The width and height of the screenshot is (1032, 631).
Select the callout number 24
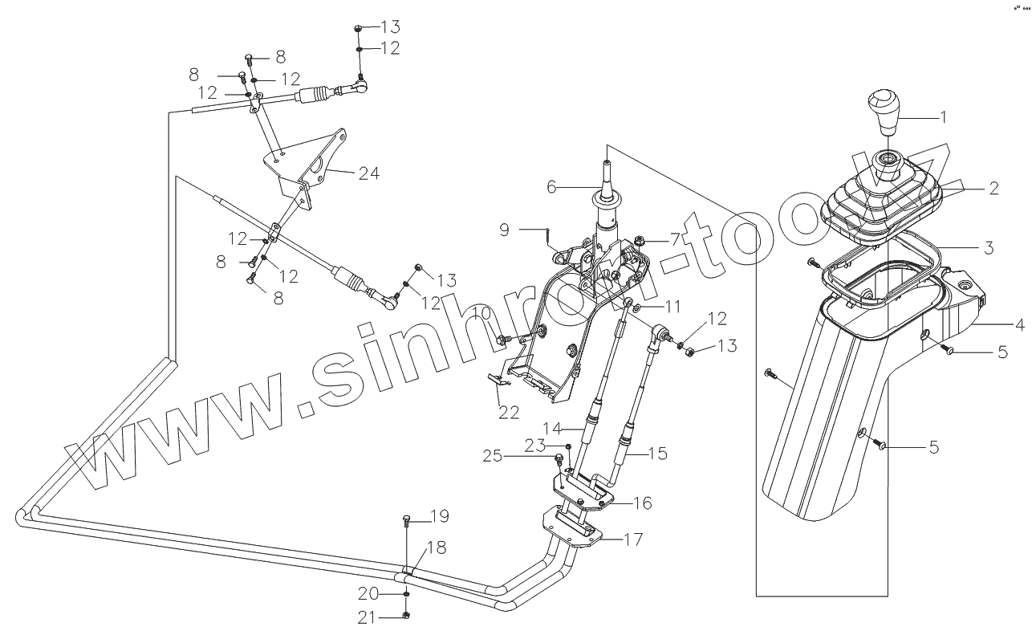tap(369, 173)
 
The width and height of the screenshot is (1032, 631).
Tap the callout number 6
tap(551, 185)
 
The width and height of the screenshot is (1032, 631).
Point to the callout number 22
tap(509, 412)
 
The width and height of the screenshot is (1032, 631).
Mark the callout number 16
tap(642, 503)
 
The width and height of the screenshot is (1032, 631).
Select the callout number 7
tap(675, 240)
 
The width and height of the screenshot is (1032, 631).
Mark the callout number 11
tap(672, 306)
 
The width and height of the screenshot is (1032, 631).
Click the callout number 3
tap(989, 248)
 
